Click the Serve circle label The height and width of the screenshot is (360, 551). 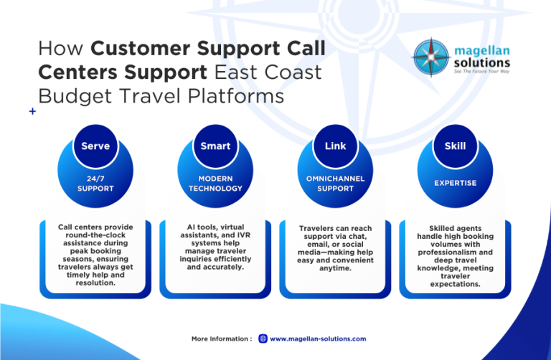click(95, 146)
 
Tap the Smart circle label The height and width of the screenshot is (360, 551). click(215, 146)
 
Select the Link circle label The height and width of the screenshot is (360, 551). click(335, 146)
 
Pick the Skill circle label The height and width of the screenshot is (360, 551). click(455, 146)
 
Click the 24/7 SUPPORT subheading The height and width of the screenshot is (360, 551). click(95, 184)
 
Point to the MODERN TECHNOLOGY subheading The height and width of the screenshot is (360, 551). click(215, 184)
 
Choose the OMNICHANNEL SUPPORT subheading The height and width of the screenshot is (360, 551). click(335, 184)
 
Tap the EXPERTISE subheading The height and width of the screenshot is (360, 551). click(455, 183)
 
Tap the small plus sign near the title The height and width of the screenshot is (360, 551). click(32, 112)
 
